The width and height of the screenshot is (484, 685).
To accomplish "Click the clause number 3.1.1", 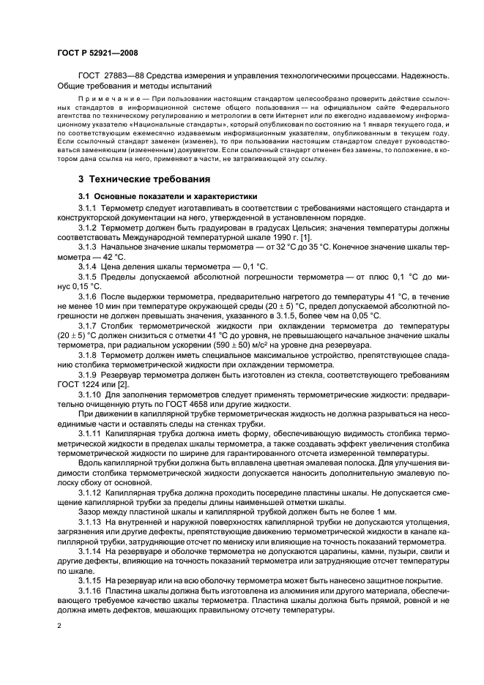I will [x=90, y=209].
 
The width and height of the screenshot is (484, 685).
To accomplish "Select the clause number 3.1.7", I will [x=90, y=323].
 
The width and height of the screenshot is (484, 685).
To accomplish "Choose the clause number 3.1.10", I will [x=92, y=394].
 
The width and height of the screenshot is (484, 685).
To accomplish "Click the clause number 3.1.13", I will [x=92, y=521].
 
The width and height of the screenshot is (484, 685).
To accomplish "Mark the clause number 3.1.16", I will [x=92, y=588].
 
